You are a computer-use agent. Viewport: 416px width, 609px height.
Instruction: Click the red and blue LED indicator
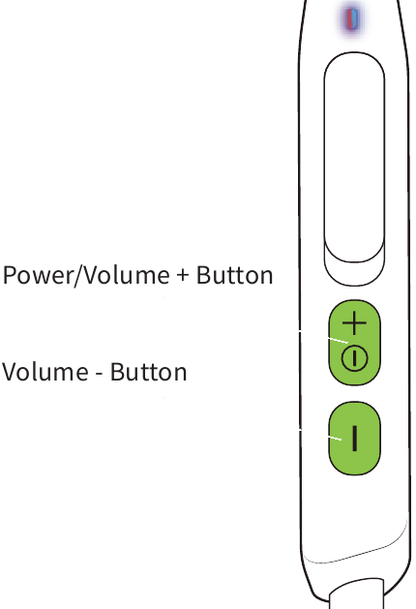pos(352,19)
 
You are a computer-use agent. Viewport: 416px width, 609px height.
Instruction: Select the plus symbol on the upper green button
pos(354,322)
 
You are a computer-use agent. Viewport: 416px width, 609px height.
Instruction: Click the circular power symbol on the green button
pos(354,359)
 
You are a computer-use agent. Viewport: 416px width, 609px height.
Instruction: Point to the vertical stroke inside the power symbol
pos(354,359)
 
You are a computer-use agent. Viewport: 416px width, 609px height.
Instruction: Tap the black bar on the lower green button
pos(354,439)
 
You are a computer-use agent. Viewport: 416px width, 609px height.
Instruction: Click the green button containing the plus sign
pos(354,343)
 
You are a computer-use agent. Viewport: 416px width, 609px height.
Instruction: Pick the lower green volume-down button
pos(354,439)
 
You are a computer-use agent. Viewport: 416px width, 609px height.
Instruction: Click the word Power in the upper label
pos(38,275)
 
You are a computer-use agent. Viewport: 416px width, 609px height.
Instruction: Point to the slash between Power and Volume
pos(78,276)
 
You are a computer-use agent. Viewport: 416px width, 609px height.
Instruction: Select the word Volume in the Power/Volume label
pos(127,275)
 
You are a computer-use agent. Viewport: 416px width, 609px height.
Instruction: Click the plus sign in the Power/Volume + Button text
pos(183,275)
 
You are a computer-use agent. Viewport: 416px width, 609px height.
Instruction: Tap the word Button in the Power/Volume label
pos(235,275)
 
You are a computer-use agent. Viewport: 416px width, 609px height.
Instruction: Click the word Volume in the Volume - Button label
pos(45,372)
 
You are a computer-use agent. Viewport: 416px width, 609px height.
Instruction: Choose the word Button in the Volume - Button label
pos(149,372)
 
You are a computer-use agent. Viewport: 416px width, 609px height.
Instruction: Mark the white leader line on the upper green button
pos(338,340)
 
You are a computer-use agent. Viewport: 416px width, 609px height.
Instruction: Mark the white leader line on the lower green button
pos(335,438)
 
